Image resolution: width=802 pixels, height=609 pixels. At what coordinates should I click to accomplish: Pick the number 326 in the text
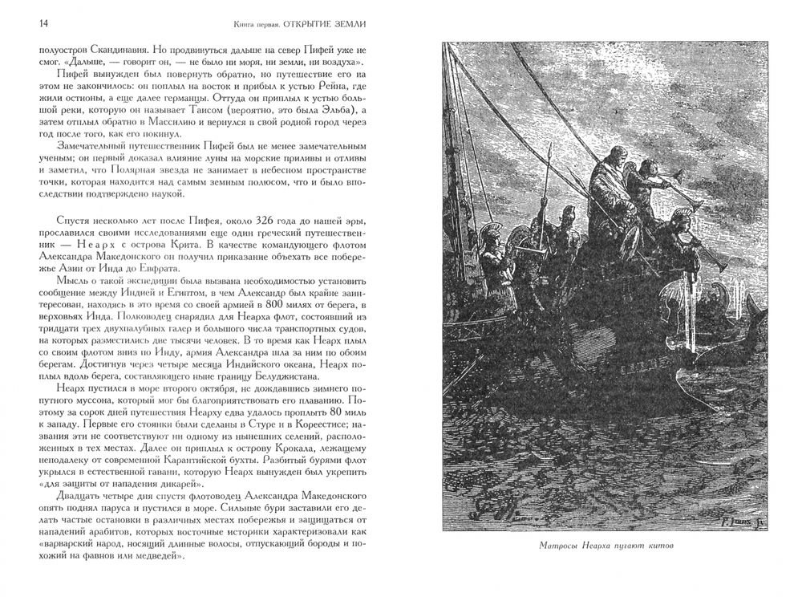(229, 220)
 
